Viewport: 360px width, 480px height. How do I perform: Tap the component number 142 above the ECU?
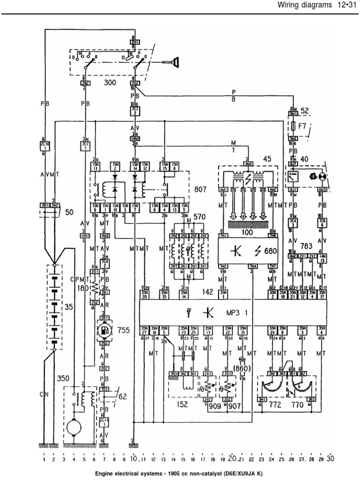208,292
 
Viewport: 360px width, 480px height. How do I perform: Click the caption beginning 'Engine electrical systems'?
180,474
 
